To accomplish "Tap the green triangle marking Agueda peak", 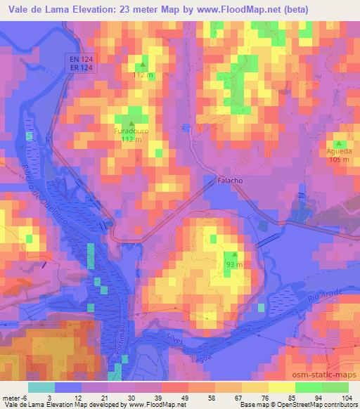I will [338, 143].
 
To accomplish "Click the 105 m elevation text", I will [339, 160].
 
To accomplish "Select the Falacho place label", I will [229, 181].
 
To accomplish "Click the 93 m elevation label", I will [234, 264].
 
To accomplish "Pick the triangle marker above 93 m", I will [234, 256].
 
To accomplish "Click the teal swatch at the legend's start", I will [41, 387].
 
